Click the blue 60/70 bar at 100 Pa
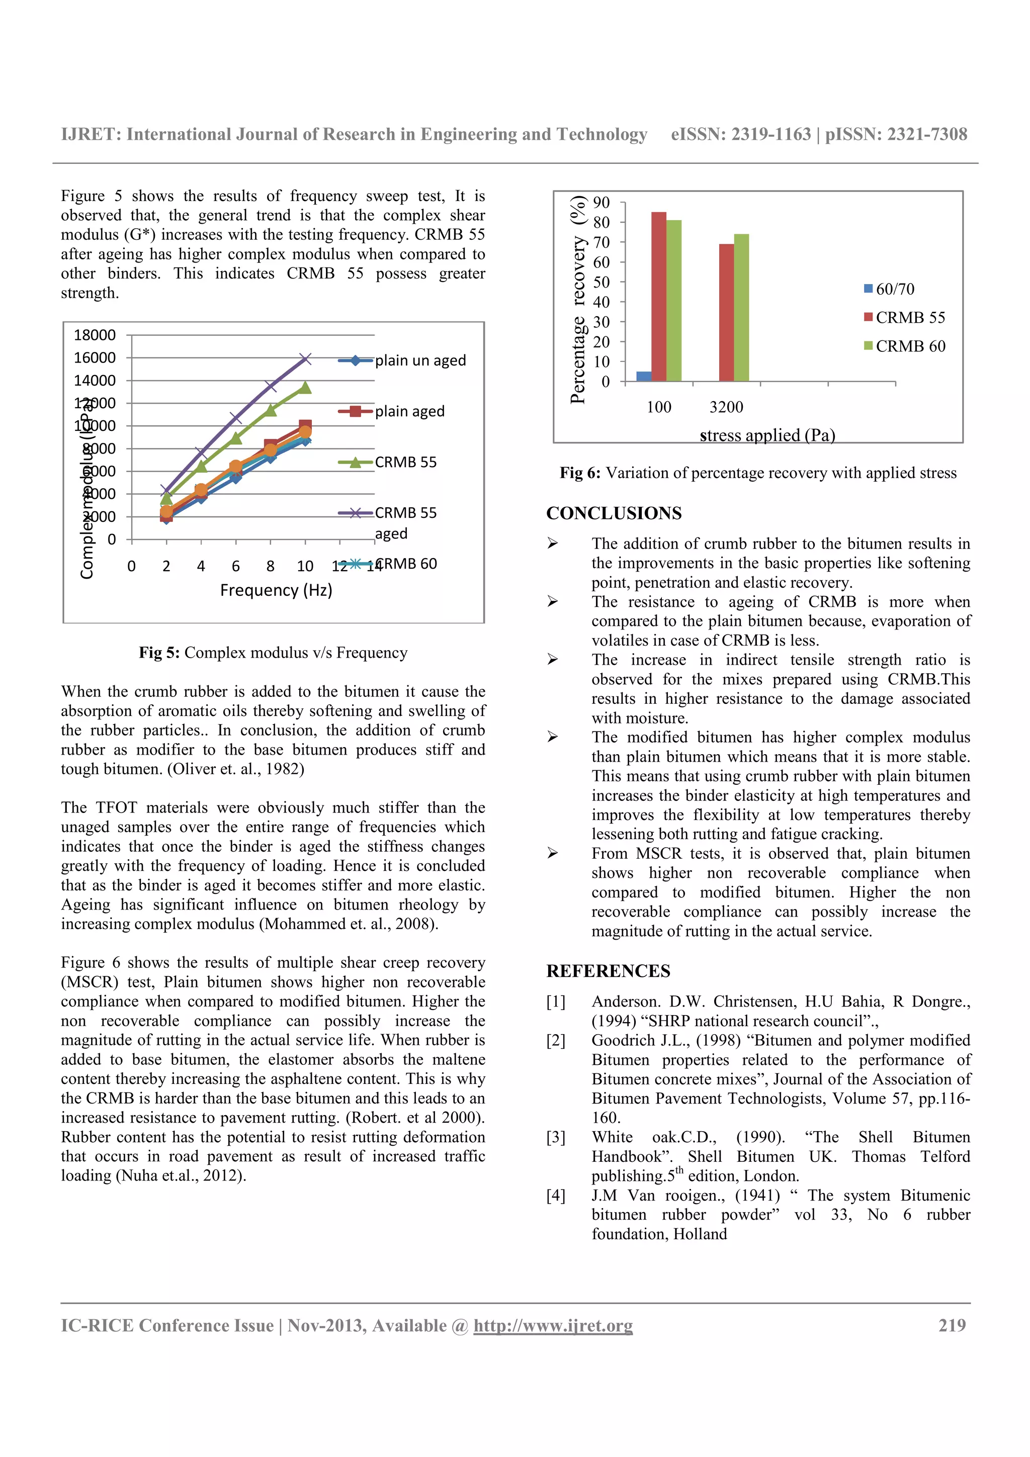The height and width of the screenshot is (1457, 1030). coord(644,376)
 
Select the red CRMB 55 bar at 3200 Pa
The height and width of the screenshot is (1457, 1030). coord(726,312)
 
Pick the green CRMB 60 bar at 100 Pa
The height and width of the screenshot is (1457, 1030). coord(674,301)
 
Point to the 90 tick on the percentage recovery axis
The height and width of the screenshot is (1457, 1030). coord(601,203)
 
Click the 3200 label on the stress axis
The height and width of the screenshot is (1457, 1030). coord(726,407)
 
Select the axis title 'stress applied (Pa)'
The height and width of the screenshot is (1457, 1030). coord(767,435)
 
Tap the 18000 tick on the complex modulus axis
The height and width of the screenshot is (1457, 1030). coord(95,335)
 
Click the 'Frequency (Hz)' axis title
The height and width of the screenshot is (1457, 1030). coord(276,590)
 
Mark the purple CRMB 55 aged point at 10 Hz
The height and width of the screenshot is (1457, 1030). coord(305,359)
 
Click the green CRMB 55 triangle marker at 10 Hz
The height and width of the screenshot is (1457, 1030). coord(305,387)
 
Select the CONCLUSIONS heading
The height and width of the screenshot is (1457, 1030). coord(614,513)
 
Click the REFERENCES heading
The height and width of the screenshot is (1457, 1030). coord(608,971)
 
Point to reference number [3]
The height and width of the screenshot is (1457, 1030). coord(555,1137)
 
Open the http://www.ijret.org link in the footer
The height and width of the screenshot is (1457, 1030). coord(553,1326)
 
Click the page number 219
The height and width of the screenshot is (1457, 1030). coord(952,1325)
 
